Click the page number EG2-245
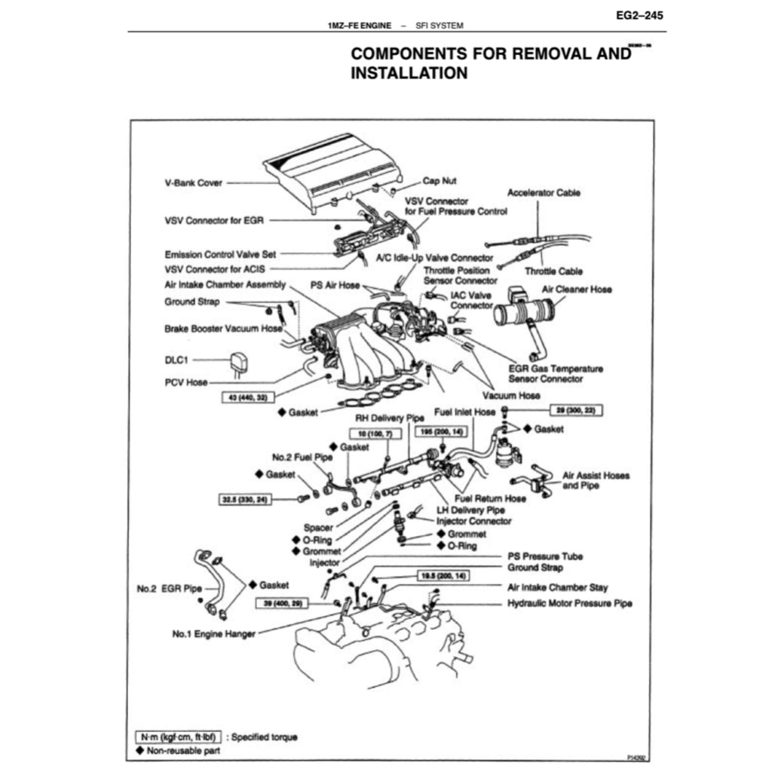tap(640, 14)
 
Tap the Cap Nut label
tap(439, 181)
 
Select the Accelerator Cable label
tap(544, 193)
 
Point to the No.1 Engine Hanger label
tap(213, 633)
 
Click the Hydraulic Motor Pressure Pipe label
tap(569, 603)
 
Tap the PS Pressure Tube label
tap(544, 556)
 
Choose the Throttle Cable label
tap(553, 271)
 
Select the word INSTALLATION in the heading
tap(409, 73)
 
